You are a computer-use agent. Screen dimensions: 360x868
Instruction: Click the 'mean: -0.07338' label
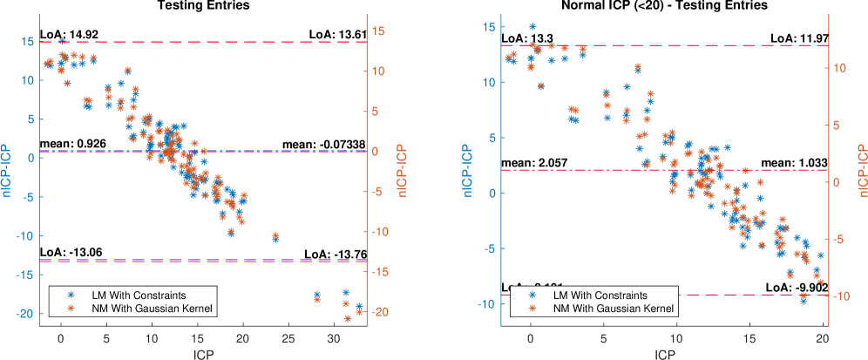(x=322, y=142)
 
